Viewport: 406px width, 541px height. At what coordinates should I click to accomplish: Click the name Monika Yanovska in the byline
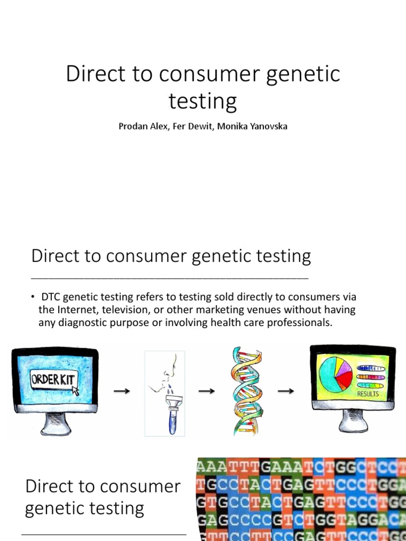point(257,127)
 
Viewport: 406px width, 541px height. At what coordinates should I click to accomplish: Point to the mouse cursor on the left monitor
point(75,390)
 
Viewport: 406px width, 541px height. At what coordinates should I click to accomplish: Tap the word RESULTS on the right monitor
point(367,394)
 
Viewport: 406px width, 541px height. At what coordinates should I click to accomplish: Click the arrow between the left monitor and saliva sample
point(122,391)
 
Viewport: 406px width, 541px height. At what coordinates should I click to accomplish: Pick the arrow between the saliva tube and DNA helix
point(206,391)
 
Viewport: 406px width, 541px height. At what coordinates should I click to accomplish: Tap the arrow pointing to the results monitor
point(286,391)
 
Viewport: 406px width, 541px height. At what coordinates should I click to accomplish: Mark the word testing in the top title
point(202,101)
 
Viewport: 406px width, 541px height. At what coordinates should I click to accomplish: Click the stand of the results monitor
point(353,420)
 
